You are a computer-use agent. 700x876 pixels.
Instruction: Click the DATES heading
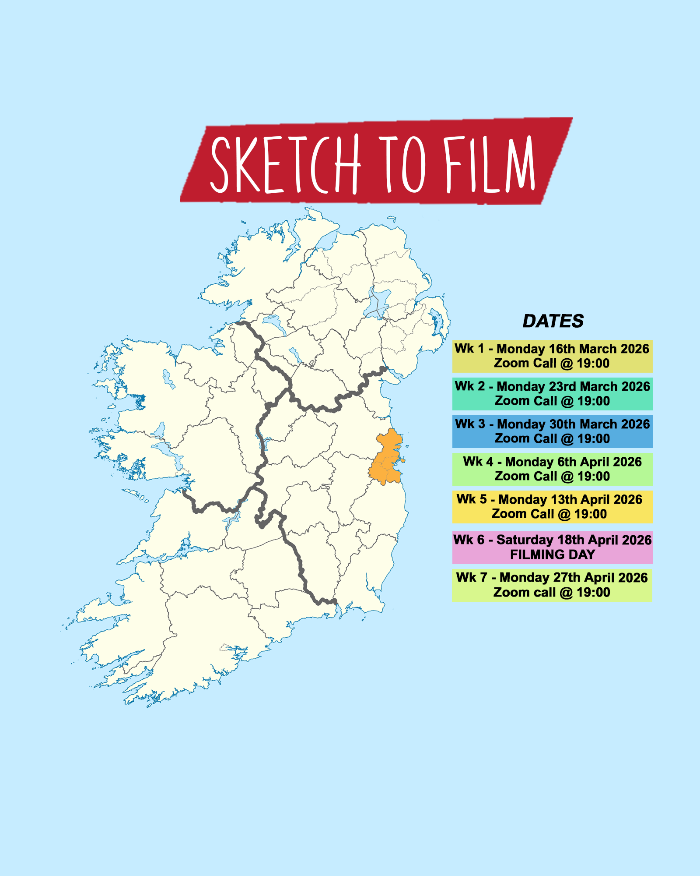pos(553,321)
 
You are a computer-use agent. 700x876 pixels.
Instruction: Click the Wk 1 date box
pos(552,356)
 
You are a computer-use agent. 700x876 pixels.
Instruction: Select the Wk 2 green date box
pos(552,394)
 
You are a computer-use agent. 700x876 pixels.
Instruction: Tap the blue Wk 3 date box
pos(552,431)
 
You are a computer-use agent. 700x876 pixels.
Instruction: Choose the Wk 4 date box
pos(552,469)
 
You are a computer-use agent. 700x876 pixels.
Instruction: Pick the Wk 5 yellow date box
pos(552,507)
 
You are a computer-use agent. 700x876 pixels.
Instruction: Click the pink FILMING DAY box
pos(552,547)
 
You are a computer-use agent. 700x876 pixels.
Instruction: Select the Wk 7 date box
pos(552,585)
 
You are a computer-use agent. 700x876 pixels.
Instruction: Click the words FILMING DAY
pos(552,555)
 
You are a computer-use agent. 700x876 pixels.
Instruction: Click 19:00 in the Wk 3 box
pos(593,439)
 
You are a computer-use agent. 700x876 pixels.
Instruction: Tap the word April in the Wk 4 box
pos(593,462)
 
